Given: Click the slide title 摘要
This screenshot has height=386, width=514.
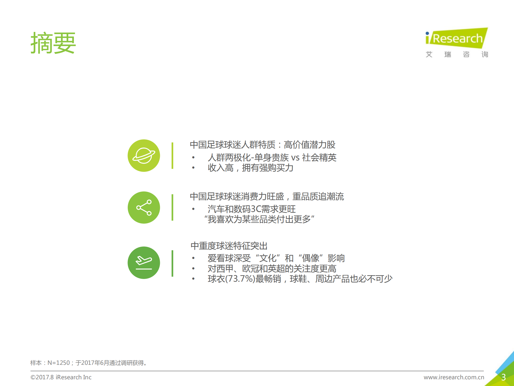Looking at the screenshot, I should coord(53,43).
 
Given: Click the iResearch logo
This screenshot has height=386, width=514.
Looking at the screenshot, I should coord(457,42).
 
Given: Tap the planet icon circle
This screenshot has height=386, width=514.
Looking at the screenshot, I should coord(144,156).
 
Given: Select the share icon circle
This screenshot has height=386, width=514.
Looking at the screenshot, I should coord(144,208).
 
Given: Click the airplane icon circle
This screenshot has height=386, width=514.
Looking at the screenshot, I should coord(144,263).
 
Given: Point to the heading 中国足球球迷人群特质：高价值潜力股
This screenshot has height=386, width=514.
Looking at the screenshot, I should coord(262,145).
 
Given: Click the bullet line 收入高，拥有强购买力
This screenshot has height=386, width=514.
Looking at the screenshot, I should coord(250,168).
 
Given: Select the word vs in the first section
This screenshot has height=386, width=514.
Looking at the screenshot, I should coord(295,157).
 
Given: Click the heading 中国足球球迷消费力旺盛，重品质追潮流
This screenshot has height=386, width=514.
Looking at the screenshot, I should coord(267,197).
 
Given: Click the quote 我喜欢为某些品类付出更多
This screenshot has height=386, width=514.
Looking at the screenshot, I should coord(259,219).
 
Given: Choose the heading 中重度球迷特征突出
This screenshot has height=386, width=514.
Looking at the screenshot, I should coord(229,246).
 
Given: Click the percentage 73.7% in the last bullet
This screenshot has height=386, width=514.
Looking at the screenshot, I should coord(240,279).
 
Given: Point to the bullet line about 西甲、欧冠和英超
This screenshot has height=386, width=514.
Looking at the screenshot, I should coord(272,269).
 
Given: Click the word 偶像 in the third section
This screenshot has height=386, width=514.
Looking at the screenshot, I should coord(311,258).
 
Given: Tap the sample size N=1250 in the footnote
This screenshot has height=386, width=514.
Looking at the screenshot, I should coord(59,363).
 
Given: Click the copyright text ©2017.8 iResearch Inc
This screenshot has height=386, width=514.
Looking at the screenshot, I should coord(61,377).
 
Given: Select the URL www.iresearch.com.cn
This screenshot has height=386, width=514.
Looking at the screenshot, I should coord(454,377).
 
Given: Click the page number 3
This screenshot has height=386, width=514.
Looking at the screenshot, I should coord(503,377).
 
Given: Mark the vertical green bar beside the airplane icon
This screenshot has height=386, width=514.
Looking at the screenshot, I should coord(172,263).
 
